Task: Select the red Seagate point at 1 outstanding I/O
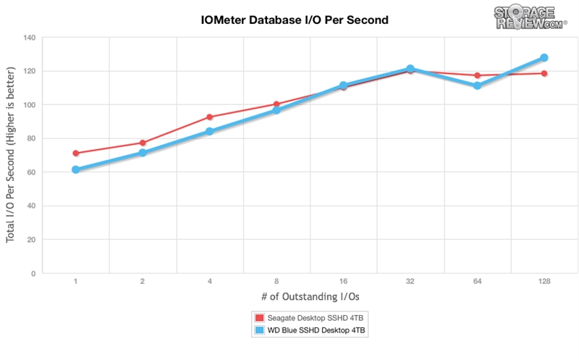pyautogui.click(x=75, y=154)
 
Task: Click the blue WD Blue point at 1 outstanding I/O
pyautogui.click(x=75, y=169)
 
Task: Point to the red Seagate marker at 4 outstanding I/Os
pyautogui.click(x=209, y=117)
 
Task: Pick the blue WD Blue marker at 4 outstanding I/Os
pyautogui.click(x=209, y=132)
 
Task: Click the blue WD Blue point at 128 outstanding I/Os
pyautogui.click(x=544, y=58)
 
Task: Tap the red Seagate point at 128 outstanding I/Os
pyautogui.click(x=544, y=73)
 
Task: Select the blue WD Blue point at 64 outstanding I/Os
pyautogui.click(x=477, y=85)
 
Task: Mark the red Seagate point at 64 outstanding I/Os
pyautogui.click(x=477, y=75)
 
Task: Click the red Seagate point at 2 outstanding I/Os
pyautogui.click(x=143, y=143)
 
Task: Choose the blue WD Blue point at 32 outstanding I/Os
pyautogui.click(x=410, y=69)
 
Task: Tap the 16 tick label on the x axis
pyautogui.click(x=343, y=280)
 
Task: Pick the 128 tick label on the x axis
pyautogui.click(x=544, y=280)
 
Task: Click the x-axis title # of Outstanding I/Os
pyautogui.click(x=309, y=297)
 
